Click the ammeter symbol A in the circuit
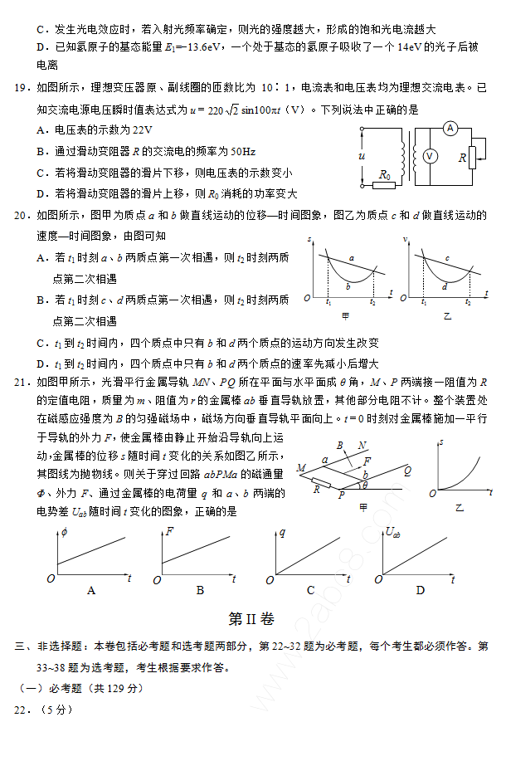pyautogui.click(x=450, y=128)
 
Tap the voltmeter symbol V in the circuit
pyautogui.click(x=430, y=156)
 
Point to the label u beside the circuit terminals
pyautogui.click(x=362, y=155)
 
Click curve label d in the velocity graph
pyautogui.click(x=445, y=285)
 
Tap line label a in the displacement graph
pyautogui.click(x=351, y=258)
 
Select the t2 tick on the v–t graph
pyautogui.click(x=468, y=303)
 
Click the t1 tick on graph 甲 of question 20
pyautogui.click(x=328, y=303)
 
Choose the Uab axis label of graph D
pyautogui.click(x=393, y=532)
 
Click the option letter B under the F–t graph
pyautogui.click(x=200, y=590)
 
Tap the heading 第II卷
pyautogui.click(x=251, y=619)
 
